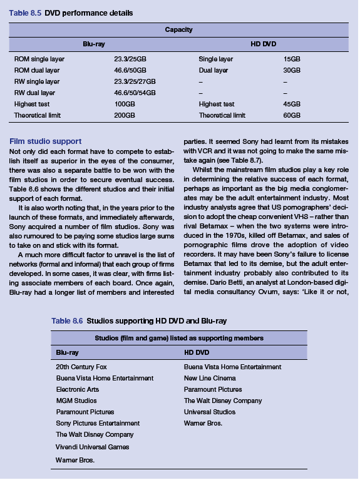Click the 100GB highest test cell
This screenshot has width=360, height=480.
(x=125, y=105)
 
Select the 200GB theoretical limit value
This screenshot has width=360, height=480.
(x=125, y=116)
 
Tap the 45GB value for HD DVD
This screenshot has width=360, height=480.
(x=292, y=105)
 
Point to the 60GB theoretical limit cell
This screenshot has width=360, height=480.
(x=292, y=116)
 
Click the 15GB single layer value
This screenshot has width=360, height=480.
(x=292, y=59)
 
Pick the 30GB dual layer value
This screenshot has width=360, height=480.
(x=292, y=70)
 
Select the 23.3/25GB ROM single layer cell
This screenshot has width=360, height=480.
(x=131, y=59)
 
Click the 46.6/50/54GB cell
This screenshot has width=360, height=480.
(x=135, y=93)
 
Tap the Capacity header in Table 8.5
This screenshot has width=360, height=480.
(x=178, y=29)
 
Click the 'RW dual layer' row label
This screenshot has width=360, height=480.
(x=34, y=93)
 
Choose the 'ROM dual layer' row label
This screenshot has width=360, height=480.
(x=37, y=70)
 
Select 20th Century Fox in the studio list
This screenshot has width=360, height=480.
(x=81, y=367)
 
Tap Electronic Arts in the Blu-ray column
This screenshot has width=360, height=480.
(x=78, y=389)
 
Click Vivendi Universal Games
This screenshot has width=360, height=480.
(x=93, y=447)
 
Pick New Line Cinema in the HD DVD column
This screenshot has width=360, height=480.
(x=210, y=378)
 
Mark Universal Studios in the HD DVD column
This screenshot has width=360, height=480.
(x=210, y=412)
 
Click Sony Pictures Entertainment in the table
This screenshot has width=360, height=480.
(x=98, y=423)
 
